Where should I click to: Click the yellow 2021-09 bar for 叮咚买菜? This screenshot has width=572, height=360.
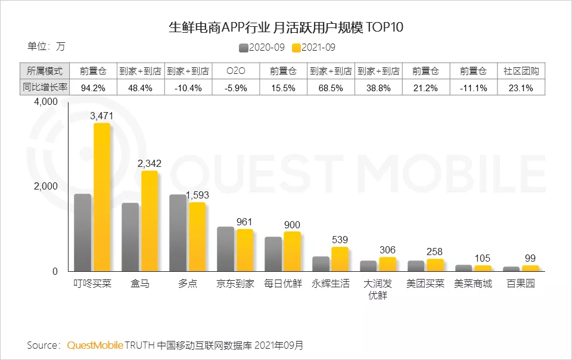pyautogui.click(x=102, y=197)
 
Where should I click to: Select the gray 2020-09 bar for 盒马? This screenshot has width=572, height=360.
pyautogui.click(x=130, y=237)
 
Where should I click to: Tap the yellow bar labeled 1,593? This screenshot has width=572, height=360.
pyautogui.click(x=197, y=237)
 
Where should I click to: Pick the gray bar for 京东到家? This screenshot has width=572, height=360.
pyautogui.click(x=225, y=249)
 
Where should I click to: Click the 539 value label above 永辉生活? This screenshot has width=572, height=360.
pyautogui.click(x=340, y=240)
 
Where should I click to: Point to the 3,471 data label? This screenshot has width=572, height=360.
pyautogui.click(x=101, y=116)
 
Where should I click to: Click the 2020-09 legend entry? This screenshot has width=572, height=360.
pyautogui.click(x=262, y=47)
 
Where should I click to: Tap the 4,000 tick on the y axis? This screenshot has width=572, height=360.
pyautogui.click(x=45, y=102)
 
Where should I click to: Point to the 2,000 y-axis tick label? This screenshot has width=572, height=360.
pyautogui.click(x=45, y=187)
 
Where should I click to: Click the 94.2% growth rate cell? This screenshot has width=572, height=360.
pyautogui.click(x=93, y=88)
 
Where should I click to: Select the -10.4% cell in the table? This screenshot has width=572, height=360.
pyautogui.click(x=188, y=88)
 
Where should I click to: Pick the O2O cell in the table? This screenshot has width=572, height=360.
pyautogui.click(x=236, y=71)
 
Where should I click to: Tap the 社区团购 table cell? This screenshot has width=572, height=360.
pyautogui.click(x=522, y=71)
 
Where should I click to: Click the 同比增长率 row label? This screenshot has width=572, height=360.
pyautogui.click(x=45, y=88)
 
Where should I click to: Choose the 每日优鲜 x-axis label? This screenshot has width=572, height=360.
pyautogui.click(x=283, y=284)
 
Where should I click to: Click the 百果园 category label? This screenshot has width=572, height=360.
pyautogui.click(x=521, y=284)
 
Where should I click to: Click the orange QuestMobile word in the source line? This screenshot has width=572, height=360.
pyautogui.click(x=95, y=345)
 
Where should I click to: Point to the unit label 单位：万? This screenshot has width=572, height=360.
pyautogui.click(x=46, y=46)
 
